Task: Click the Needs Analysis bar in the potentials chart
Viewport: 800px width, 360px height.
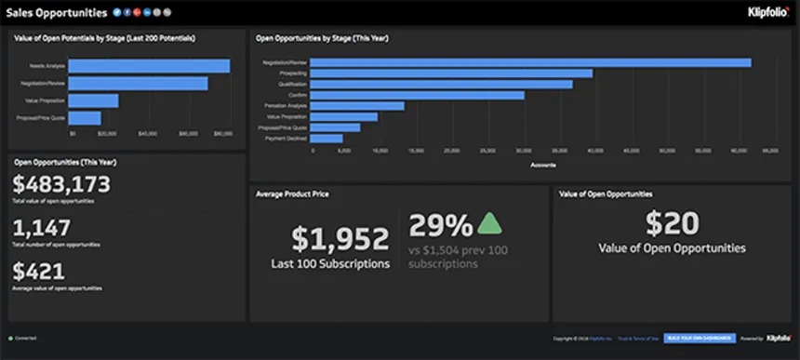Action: point(149,66)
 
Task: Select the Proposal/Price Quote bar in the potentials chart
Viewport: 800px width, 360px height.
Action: point(85,118)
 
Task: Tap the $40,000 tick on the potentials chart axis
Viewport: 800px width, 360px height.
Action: point(147,134)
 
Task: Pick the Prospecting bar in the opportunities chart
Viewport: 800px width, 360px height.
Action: point(451,73)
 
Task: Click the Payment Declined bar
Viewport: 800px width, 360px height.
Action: point(327,139)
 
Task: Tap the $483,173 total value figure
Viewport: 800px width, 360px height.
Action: point(62,184)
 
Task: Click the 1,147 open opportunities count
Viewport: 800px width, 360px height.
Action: point(41,228)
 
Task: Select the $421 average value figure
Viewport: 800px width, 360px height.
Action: point(39,272)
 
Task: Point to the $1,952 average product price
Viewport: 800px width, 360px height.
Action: point(340,239)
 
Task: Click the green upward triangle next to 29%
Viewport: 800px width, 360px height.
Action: point(489,224)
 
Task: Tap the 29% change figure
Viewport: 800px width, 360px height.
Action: point(441,225)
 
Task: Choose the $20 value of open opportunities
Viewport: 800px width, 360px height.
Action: point(671,223)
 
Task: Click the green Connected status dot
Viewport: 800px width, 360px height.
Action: point(10,338)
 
